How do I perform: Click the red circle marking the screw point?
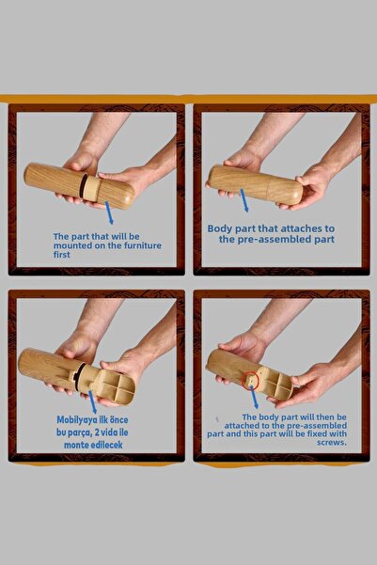(250, 382)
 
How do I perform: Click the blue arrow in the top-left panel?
(109, 212)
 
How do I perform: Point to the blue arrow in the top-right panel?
(244, 200)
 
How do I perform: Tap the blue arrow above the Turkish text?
(93, 402)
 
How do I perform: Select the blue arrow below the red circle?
(254, 399)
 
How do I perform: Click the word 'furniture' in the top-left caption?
(143, 245)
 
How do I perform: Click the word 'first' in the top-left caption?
(62, 255)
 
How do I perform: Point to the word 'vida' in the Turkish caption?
(109, 432)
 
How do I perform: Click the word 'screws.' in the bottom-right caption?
(332, 442)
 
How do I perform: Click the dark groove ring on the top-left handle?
(84, 186)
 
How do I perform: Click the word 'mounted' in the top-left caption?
(71, 245)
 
